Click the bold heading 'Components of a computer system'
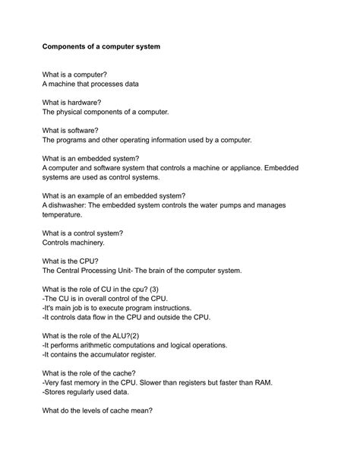point(101,46)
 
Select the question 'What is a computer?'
point(74,74)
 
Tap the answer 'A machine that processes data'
point(90,84)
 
